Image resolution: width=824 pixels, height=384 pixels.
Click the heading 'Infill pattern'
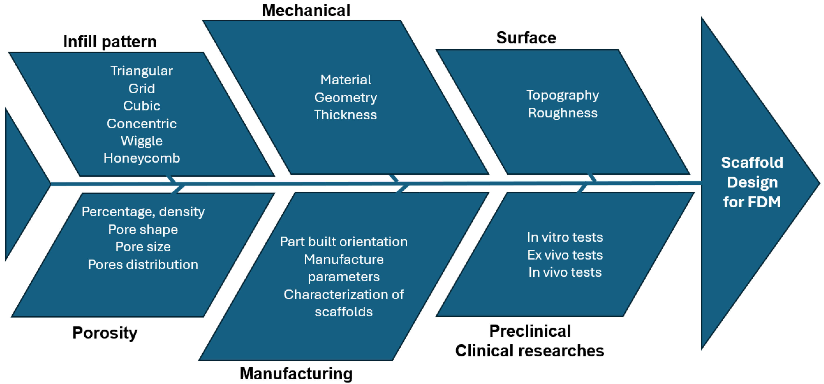pyautogui.click(x=110, y=42)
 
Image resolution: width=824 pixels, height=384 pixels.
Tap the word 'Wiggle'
pyautogui.click(x=142, y=141)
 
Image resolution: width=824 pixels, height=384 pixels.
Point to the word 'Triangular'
pyautogui.click(x=142, y=71)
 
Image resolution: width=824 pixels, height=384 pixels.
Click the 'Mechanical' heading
pyautogui.click(x=306, y=10)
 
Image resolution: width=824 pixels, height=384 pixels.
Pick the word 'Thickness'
pyautogui.click(x=346, y=115)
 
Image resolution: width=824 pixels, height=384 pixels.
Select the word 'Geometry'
pyautogui.click(x=346, y=98)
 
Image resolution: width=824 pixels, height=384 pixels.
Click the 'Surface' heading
pyautogui.click(x=526, y=38)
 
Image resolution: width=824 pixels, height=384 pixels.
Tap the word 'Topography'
pyautogui.click(x=563, y=95)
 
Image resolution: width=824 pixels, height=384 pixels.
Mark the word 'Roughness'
pyautogui.click(x=563, y=113)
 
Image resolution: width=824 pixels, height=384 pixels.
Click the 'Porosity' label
pyautogui.click(x=105, y=333)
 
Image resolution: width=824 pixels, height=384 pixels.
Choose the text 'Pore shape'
pyautogui.click(x=143, y=229)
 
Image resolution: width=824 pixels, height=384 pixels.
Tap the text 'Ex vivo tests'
pyautogui.click(x=565, y=255)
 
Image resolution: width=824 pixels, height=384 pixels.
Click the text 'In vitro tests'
pyautogui.click(x=565, y=237)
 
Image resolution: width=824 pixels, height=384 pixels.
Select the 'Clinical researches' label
pyautogui.click(x=530, y=351)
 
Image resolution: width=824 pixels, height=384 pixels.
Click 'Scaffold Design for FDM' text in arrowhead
pyautogui.click(x=752, y=182)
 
